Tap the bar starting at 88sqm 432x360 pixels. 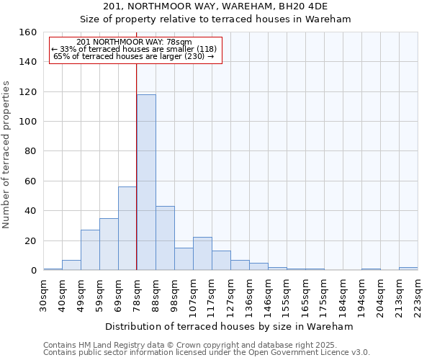pyautogui.click(x=165, y=238)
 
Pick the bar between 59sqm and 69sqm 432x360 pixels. pyautogui.click(x=109, y=244)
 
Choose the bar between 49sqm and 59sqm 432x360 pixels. pyautogui.click(x=90, y=250)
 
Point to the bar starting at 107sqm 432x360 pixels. pyautogui.click(x=202, y=253)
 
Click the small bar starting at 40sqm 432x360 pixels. pyautogui.click(x=71, y=265)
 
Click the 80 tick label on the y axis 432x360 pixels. pyautogui.click(x=30, y=151)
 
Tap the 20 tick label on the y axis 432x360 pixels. pyautogui.click(x=30, y=240)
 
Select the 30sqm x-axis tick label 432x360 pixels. pyautogui.click(x=43, y=294)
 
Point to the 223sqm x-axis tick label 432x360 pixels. pyautogui.click(x=418, y=294)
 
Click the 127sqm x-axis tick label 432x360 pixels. pyautogui.click(x=230, y=294)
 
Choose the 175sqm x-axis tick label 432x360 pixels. pyautogui.click(x=324, y=294)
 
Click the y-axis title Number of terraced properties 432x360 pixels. pyautogui.click(x=6, y=155)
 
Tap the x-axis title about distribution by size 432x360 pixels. pyautogui.click(x=230, y=326)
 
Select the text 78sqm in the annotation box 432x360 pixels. pyautogui.click(x=180, y=42)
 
